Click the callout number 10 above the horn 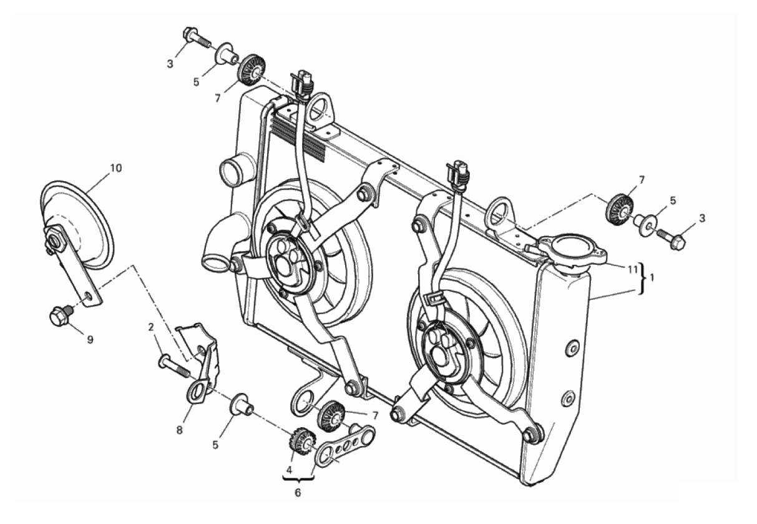[x=116, y=168]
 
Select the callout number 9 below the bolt [x=90, y=340]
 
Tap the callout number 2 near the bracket [x=151, y=327]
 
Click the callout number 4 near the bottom [x=290, y=470]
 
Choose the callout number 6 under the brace [x=298, y=493]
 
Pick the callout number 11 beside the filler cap [x=633, y=270]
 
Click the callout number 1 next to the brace [x=652, y=278]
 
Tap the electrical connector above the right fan [x=458, y=174]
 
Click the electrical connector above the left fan [x=302, y=83]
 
